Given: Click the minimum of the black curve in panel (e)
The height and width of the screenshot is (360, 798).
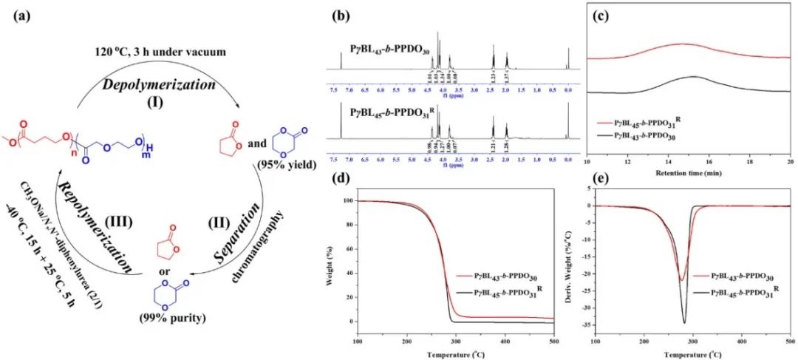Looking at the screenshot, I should (x=683, y=322).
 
